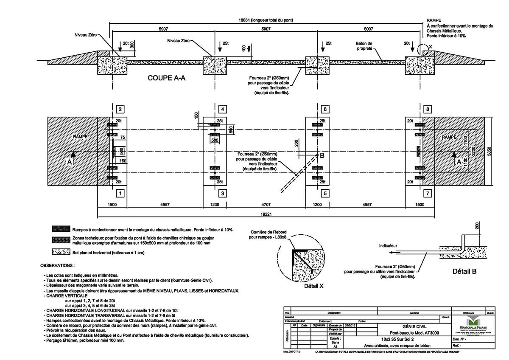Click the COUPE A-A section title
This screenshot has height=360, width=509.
pyautogui.click(x=167, y=78)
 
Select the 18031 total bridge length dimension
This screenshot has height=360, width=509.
pyautogui.click(x=266, y=20)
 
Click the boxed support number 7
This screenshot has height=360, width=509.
pyautogui.click(x=428, y=194)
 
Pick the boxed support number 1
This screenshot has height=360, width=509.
pyautogui.click(x=120, y=194)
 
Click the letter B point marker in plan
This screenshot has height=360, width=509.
pyautogui.click(x=322, y=156)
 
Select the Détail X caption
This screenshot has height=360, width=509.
pyautogui.click(x=314, y=286)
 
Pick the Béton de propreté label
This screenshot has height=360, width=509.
pyautogui.click(x=364, y=45)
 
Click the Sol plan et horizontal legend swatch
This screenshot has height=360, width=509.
pyautogui.click(x=60, y=252)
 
